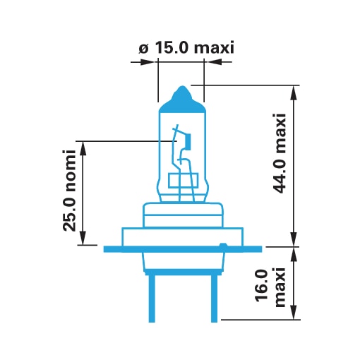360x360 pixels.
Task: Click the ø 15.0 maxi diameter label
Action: (x=186, y=48)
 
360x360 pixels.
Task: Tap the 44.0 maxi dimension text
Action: (x=280, y=153)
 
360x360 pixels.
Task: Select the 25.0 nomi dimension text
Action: (x=69, y=190)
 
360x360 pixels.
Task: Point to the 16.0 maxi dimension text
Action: (x=270, y=287)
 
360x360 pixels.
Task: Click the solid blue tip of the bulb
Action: (x=181, y=100)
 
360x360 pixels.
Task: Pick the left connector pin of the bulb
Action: (x=152, y=299)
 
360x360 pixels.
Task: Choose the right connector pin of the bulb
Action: (x=214, y=299)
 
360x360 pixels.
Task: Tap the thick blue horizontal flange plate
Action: (x=183, y=249)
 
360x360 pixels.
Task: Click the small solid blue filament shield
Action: (x=188, y=141)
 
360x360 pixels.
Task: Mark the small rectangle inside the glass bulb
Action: (x=184, y=181)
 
